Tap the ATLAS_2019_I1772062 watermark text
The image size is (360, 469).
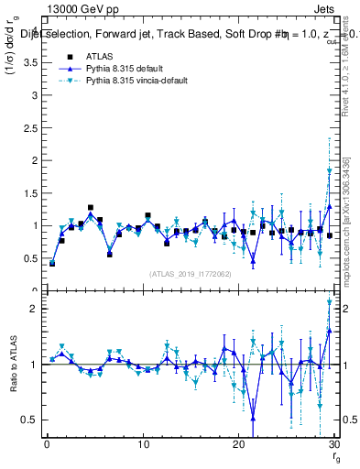[x=190, y=273]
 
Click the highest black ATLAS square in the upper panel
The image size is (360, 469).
[x=90, y=208]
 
